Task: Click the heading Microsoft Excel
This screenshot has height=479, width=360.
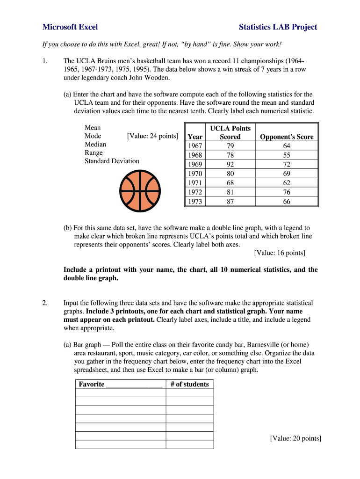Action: click(70, 27)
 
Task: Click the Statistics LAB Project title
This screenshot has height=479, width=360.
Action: click(278, 27)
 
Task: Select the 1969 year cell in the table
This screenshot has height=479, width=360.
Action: click(195, 164)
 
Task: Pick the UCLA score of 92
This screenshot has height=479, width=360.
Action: click(230, 164)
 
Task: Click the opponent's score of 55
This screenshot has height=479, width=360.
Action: click(287, 155)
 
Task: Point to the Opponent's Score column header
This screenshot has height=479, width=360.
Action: click(287, 137)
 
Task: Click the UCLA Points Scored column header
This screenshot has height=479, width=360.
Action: click(230, 132)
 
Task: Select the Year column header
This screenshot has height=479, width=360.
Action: click(195, 137)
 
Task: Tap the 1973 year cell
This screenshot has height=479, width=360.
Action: click(195, 202)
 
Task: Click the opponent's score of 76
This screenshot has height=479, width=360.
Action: click(287, 192)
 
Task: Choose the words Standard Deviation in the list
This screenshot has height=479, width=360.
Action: click(112, 161)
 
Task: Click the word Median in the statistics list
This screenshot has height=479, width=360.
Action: click(95, 144)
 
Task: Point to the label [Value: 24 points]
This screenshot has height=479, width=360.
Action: click(152, 136)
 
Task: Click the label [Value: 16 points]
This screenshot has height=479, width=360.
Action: click(280, 253)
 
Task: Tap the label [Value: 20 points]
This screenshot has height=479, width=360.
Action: click(295, 438)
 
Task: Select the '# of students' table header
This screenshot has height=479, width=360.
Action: click(189, 384)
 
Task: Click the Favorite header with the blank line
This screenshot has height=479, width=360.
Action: click(120, 384)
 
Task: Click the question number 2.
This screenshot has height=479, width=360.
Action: click(45, 303)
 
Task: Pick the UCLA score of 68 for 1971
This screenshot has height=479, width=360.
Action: click(230, 183)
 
